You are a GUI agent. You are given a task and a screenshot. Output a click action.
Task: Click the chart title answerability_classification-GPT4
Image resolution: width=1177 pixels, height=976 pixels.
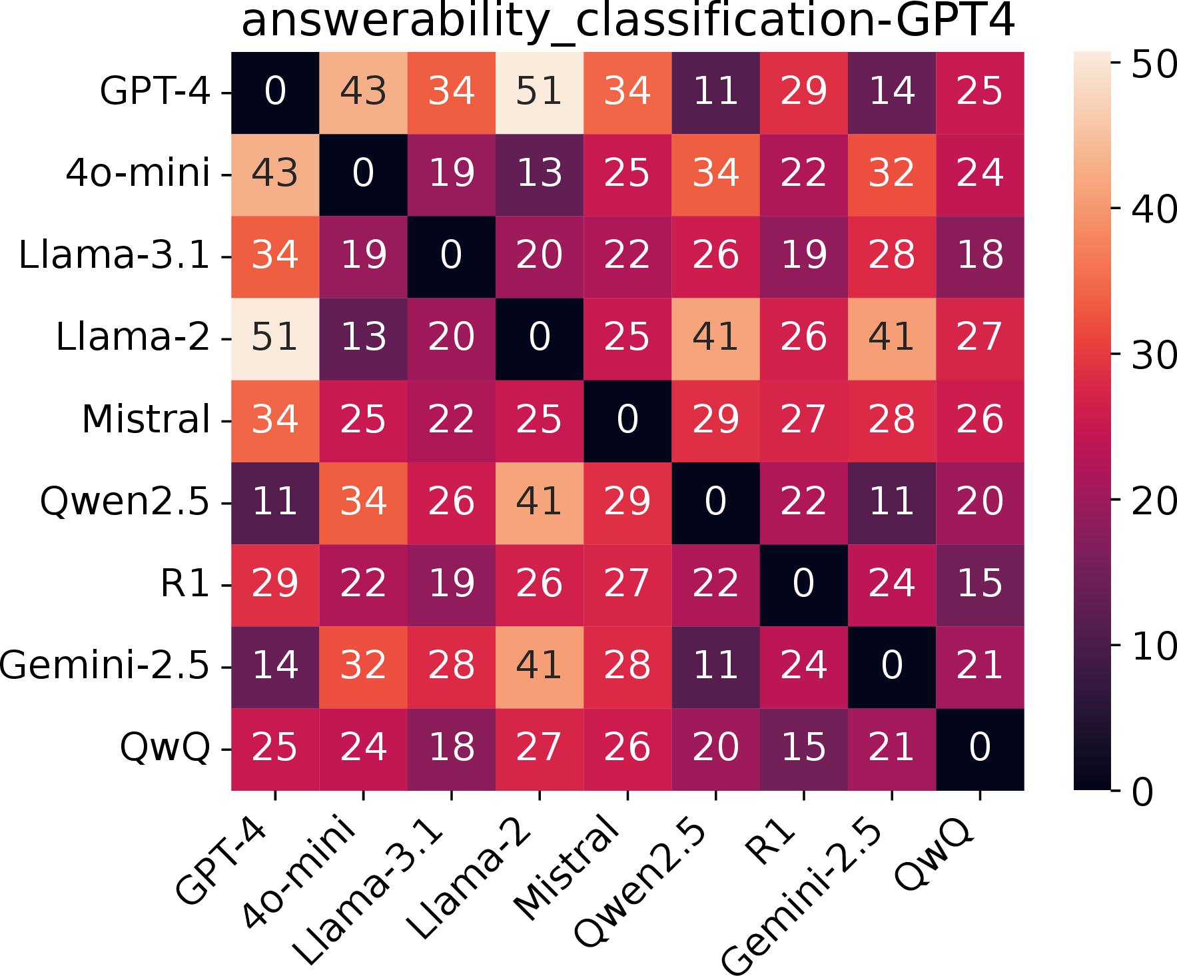(x=627, y=21)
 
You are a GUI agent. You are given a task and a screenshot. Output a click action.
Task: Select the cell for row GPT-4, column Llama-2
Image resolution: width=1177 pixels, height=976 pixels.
(x=540, y=93)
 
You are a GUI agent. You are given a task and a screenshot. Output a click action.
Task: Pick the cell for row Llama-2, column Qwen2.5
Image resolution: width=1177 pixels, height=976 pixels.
(x=715, y=339)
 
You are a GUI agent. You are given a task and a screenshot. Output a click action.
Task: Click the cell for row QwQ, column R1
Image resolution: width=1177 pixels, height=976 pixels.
(x=804, y=749)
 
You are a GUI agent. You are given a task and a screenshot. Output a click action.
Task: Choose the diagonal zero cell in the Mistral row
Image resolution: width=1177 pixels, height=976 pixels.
(x=627, y=421)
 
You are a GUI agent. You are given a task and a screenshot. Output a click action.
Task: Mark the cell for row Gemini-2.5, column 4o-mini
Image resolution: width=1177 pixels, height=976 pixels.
(x=363, y=668)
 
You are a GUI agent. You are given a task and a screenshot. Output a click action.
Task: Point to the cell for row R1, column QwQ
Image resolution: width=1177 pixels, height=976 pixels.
(x=980, y=586)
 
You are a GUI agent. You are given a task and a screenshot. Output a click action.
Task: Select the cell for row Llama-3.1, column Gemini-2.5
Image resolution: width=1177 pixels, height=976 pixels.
(x=892, y=257)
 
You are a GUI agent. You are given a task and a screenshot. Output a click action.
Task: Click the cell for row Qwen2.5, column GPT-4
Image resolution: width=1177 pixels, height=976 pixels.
(x=275, y=504)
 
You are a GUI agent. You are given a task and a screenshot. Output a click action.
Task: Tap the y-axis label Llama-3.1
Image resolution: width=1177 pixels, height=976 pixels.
(x=115, y=256)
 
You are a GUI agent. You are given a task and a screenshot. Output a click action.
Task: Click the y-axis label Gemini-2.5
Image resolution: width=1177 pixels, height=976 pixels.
(x=105, y=666)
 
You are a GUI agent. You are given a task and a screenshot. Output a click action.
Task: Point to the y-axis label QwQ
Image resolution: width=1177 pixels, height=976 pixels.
(x=165, y=748)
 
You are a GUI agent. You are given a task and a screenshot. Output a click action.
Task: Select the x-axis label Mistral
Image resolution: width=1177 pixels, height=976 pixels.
(x=567, y=867)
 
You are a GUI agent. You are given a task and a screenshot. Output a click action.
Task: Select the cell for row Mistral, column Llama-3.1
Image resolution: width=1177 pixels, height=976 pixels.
(x=452, y=421)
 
